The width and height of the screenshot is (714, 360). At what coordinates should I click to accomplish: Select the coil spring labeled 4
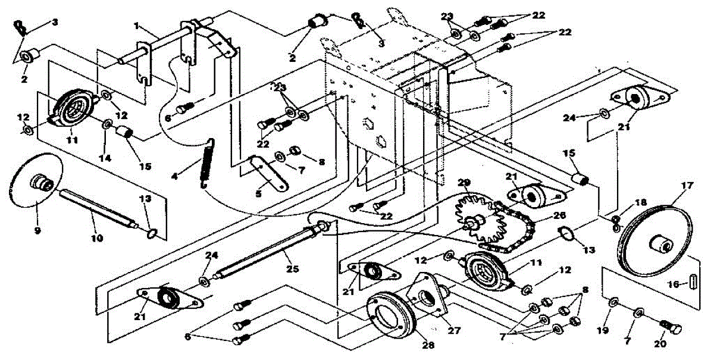207,164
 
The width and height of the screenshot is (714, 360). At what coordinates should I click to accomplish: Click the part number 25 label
293,269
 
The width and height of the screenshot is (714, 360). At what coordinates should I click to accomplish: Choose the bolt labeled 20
672,327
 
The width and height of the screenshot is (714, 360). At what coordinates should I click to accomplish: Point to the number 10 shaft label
97,238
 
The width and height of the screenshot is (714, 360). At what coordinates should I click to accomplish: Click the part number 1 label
137,26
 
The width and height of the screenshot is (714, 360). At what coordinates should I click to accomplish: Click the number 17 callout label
687,186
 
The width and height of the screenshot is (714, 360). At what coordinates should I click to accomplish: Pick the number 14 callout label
105,158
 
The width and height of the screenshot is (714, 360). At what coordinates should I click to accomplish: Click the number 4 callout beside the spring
174,176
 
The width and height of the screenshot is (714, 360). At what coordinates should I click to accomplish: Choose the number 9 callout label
37,230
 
